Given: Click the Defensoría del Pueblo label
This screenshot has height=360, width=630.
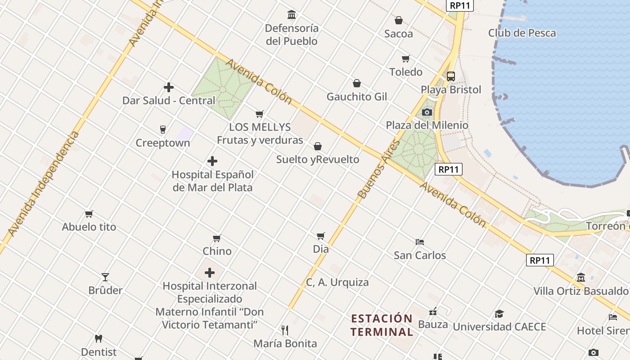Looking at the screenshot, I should [292, 35].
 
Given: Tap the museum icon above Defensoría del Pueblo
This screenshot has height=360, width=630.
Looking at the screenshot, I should [292, 15].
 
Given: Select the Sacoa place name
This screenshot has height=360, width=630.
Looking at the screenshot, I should [398, 34].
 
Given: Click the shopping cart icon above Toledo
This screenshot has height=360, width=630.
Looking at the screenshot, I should [406, 58].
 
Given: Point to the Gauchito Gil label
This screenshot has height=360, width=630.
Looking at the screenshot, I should [356, 97].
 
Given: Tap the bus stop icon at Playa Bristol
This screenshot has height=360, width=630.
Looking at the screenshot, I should [451, 76].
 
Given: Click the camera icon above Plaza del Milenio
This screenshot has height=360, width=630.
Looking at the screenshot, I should [427, 112].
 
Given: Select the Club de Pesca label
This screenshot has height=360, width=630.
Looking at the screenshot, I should [522, 33].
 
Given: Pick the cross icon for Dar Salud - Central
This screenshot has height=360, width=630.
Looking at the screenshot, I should [169, 87].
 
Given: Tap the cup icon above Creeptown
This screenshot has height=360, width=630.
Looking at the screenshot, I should [163, 130].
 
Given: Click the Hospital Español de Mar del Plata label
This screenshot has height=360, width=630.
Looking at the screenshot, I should [212, 181].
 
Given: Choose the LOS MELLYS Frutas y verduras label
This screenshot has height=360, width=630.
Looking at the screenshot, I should [260, 134].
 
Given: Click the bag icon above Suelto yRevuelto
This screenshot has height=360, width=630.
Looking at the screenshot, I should [318, 146].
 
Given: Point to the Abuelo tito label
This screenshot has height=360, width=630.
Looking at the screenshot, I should [89, 227].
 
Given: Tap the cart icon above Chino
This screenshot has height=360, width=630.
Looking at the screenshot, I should [217, 238].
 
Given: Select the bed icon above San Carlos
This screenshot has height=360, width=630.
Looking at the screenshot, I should [420, 242].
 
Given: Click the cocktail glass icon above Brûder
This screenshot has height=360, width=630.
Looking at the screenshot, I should [105, 277].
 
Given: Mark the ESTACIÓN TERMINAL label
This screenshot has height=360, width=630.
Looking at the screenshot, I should [382, 325].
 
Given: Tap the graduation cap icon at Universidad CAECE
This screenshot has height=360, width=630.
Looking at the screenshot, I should [499, 314].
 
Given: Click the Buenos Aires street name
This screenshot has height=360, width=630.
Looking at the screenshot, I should [379, 169].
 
